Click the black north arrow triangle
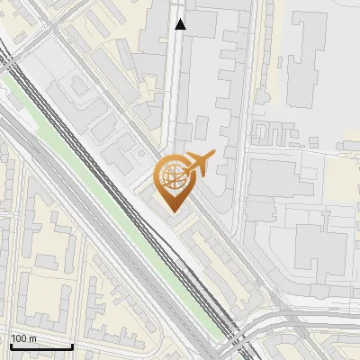(181, 24)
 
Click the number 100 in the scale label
(19, 338)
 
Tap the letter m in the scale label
(33, 338)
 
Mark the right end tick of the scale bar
(72, 346)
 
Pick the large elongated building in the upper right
(310, 49)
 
